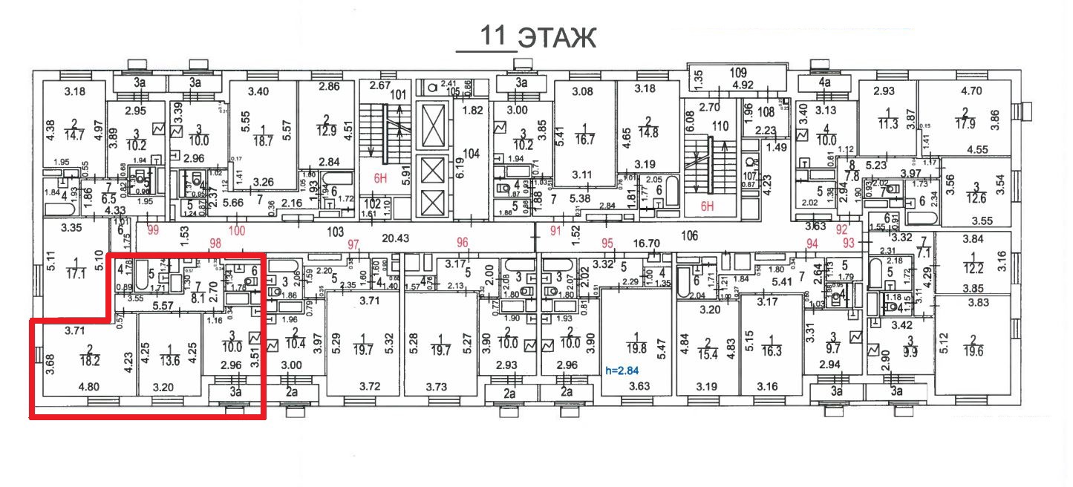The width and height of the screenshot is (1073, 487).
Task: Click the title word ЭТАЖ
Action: click(557, 38)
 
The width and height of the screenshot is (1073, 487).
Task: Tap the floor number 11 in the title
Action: click(494, 36)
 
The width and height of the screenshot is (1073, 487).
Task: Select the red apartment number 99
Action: click(154, 230)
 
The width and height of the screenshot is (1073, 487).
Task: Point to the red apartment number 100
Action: click(236, 231)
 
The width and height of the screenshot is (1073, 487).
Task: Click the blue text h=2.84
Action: click(622, 370)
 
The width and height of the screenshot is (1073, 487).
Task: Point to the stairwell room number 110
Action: click(719, 127)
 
